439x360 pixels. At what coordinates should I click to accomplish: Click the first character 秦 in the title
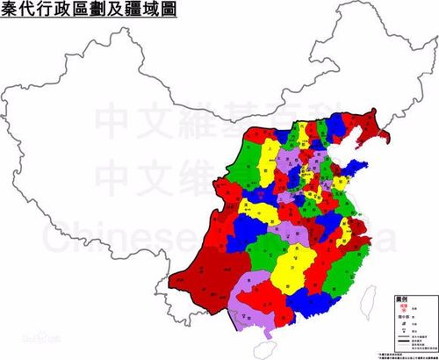click(11, 12)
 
